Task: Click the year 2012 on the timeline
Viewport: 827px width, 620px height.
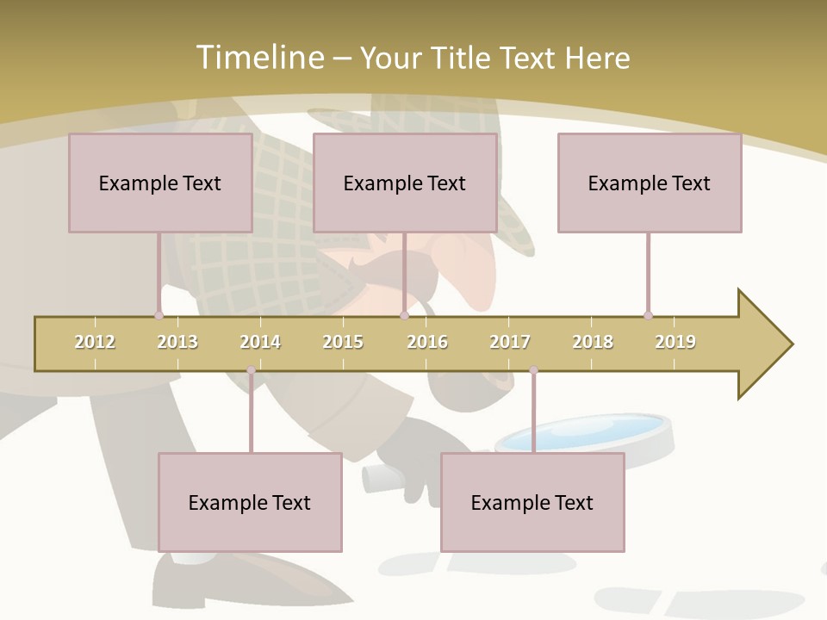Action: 95,342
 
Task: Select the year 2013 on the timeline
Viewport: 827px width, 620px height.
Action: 177,342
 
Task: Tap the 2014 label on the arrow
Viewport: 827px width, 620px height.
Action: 260,342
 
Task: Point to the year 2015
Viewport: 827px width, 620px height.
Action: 343,342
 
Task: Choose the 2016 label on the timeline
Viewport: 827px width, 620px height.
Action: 427,342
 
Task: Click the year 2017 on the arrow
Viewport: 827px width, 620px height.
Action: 510,342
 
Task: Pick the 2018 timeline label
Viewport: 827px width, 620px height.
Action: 593,342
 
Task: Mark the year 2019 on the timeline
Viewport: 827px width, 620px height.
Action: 675,342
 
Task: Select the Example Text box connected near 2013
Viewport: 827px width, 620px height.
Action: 160,183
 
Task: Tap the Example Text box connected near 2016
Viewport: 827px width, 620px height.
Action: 405,183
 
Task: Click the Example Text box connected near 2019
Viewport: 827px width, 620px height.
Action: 650,183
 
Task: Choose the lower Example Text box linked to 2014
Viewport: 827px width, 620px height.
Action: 250,502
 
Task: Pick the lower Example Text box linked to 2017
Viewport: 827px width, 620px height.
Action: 532,502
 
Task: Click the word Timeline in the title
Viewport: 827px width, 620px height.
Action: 258,58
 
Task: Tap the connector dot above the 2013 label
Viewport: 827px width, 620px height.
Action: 159,315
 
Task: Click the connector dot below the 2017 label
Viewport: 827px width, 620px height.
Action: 533,370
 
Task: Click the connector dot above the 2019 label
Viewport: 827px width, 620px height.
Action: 648,315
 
